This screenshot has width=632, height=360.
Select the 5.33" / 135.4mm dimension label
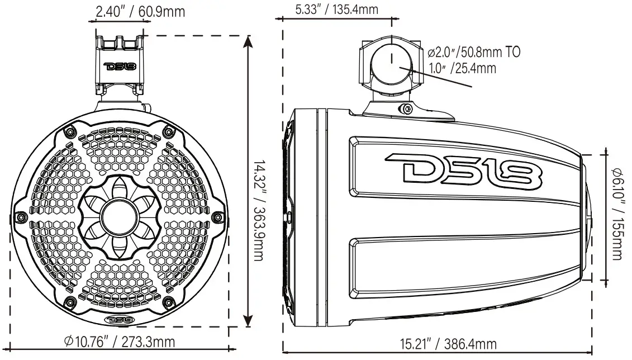pyautogui.click(x=337, y=10)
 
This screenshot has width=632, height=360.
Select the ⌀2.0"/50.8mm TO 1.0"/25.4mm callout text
pyautogui.click(x=473, y=60)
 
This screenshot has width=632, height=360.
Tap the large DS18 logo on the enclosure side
pyautogui.click(x=463, y=168)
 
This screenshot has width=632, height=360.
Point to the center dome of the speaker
pyautogui.click(x=121, y=216)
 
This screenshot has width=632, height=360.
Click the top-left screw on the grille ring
pyautogui.click(x=69, y=131)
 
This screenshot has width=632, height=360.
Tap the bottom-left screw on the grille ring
pyautogui.click(x=69, y=302)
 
